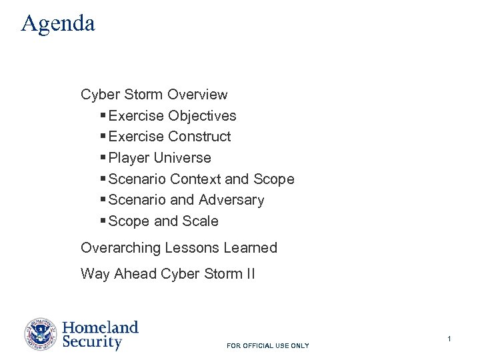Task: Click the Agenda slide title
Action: point(58,23)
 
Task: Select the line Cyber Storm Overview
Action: point(154,95)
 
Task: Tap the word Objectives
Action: point(202,116)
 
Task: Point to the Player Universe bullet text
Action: point(159,158)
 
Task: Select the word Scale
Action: point(201,221)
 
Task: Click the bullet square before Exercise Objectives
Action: point(103,116)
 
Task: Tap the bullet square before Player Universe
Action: point(103,158)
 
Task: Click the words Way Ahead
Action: point(119,274)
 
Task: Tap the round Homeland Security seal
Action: point(41,335)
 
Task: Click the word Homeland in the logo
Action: point(100,327)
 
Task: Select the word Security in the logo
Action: point(92,343)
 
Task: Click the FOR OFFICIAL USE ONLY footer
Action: point(268,346)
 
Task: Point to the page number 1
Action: point(449,339)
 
